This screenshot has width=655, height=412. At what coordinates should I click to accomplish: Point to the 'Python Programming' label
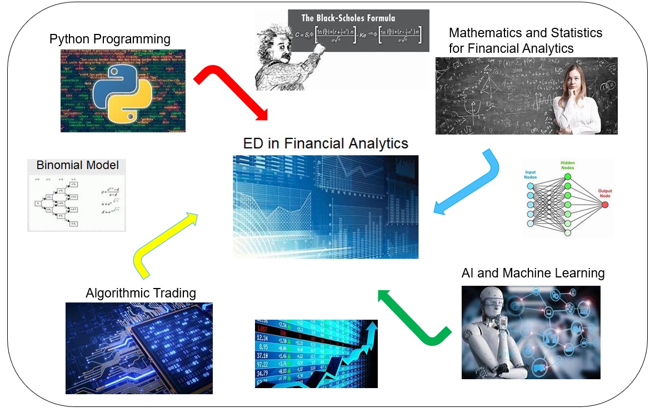coord(110,39)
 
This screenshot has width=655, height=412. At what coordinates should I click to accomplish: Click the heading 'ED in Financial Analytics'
coord(326,143)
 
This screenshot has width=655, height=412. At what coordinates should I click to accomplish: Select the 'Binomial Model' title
coord(77,165)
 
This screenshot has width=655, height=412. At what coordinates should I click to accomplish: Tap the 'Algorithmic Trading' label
coord(141,292)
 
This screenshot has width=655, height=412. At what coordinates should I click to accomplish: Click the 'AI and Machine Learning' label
coord(533,273)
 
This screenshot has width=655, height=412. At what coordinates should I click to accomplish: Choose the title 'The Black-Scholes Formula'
coord(348,18)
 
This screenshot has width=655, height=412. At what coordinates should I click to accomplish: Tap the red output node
coord(604,204)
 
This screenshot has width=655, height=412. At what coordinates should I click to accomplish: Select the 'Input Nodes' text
coord(531,175)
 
